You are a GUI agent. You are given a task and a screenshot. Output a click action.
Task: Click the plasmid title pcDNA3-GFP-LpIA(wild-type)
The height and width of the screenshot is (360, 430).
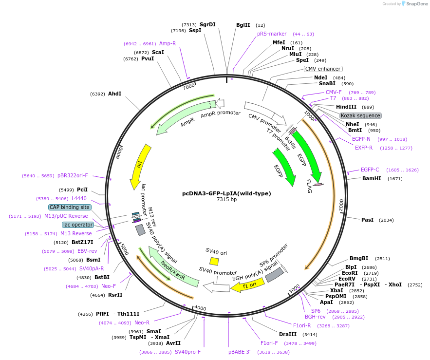tap(226, 193)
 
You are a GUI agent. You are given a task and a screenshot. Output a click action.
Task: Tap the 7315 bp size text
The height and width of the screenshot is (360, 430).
tap(226, 200)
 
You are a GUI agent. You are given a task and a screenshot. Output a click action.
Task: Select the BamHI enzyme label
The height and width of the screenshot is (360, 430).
tap(372, 179)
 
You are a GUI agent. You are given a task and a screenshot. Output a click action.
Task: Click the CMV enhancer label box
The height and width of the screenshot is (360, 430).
tap(323, 69)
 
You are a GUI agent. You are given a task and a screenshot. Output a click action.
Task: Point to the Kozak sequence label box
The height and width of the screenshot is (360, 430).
tap(360, 115)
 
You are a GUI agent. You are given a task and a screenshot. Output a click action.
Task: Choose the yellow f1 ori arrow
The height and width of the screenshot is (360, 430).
tap(247, 284)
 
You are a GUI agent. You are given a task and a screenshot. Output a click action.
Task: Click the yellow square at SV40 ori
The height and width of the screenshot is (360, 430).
tap(214, 262)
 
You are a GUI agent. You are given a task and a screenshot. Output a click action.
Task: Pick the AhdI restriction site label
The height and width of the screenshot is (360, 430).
tap(114, 94)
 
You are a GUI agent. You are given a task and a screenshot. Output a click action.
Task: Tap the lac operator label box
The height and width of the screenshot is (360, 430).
tap(77, 225)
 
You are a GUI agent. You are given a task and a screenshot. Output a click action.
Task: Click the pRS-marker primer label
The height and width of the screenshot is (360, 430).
tap(272, 34)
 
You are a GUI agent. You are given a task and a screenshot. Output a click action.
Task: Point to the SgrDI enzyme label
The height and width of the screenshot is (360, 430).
tap(207, 24)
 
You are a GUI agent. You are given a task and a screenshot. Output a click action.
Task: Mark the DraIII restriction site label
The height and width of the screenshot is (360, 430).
tap(288, 334)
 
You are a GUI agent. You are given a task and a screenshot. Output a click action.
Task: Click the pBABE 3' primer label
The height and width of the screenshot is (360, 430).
tap(239, 352)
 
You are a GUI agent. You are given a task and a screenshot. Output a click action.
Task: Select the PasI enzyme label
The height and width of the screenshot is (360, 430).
tap(367, 220)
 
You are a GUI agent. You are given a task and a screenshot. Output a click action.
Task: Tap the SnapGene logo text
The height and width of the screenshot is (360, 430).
tap(417, 3)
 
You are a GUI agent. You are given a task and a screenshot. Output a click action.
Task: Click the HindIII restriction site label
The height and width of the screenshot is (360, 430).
tap(346, 107)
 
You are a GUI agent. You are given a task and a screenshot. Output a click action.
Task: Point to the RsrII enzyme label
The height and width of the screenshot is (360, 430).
tap(115, 295)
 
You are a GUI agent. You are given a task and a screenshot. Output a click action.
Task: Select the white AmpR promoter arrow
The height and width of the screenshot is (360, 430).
tap(220, 103)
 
